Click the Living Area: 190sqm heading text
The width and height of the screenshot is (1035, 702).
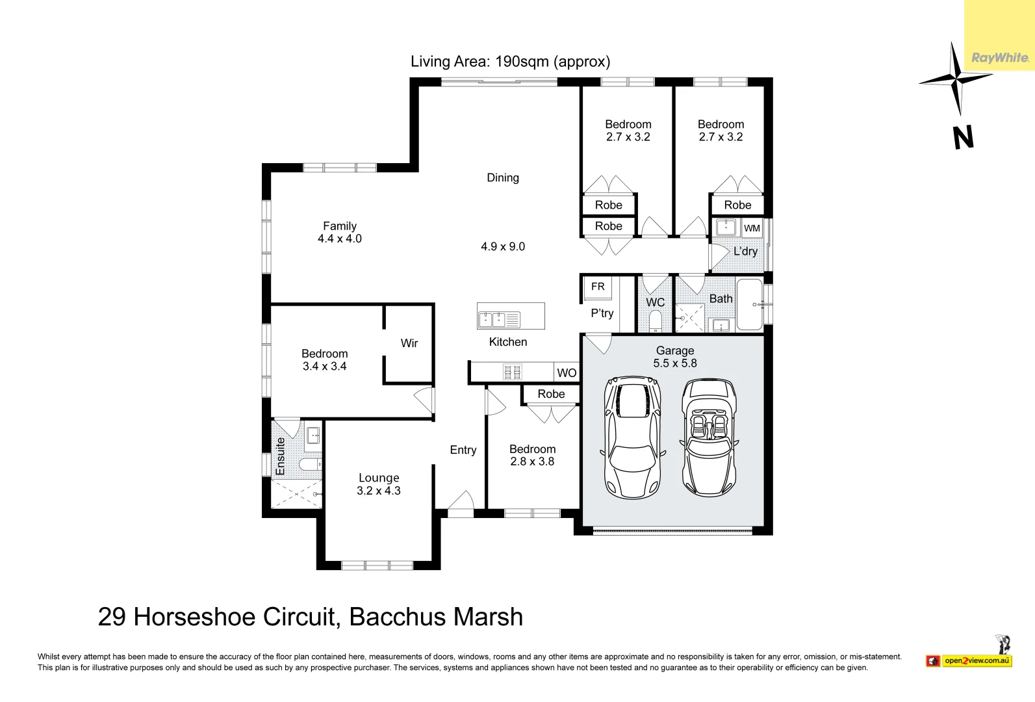coord(510,62)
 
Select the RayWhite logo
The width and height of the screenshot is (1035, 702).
coord(999,57)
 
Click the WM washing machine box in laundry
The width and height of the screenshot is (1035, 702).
coord(752,228)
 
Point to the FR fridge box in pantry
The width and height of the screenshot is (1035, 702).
coord(598,287)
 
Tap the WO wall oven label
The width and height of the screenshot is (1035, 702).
coord(567,373)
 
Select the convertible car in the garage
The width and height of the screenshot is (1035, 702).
coord(709,438)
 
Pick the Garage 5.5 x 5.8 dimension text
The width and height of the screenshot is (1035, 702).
coord(675,363)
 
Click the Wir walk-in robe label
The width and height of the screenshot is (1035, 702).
coord(409,343)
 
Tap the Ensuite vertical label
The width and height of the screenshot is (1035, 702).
coord(281,456)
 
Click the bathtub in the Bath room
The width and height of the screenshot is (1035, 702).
coord(749,304)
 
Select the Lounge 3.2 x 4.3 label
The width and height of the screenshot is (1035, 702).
coord(379,484)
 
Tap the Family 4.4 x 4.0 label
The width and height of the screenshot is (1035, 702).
coord(340,232)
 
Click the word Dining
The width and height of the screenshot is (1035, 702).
coord(503,177)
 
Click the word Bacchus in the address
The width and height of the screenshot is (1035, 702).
coord(398,617)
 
